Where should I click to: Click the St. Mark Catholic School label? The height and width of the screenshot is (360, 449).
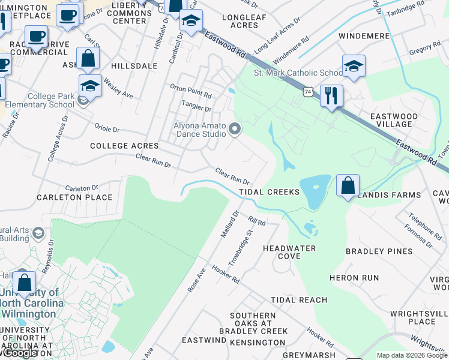(x=298, y=73)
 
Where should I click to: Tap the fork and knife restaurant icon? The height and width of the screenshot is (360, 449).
(x=331, y=95)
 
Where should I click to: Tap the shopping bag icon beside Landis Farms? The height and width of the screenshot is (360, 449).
(x=348, y=185)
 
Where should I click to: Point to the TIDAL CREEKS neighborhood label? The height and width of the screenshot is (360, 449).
(x=269, y=192)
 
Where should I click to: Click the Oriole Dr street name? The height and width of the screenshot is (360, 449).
(x=107, y=128)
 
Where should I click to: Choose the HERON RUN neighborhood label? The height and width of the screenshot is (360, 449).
(x=354, y=278)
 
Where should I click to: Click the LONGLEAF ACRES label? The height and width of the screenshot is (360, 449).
(x=244, y=21)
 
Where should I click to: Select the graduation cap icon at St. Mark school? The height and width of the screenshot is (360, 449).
(x=354, y=66)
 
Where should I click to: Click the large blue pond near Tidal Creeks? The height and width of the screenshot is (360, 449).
(x=314, y=191)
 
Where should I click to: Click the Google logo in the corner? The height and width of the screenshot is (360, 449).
(x=19, y=353)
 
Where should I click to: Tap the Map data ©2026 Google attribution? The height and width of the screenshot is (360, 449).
(x=412, y=355)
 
